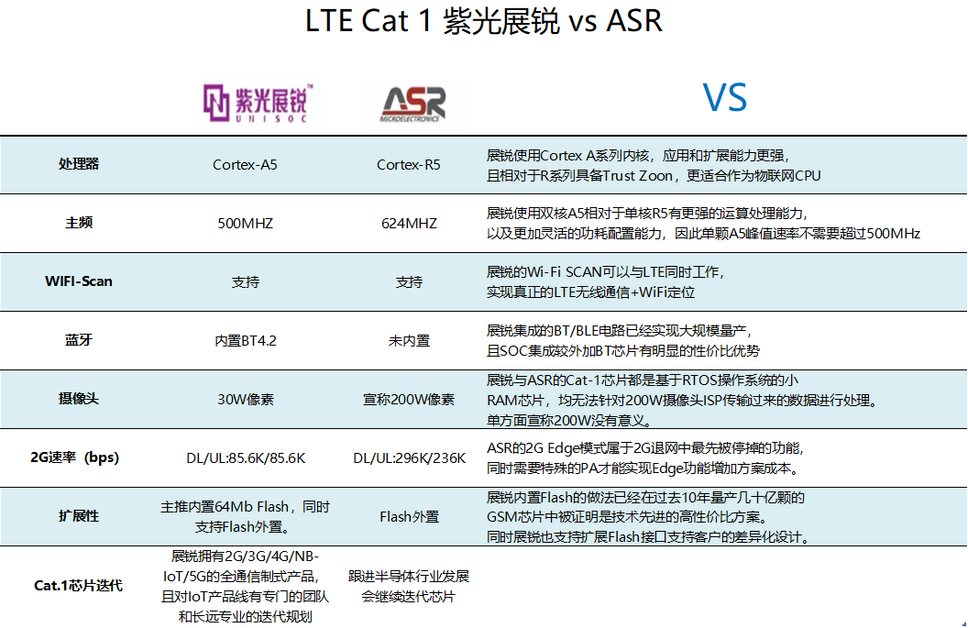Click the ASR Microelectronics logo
click(x=412, y=104)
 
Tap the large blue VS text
click(x=725, y=97)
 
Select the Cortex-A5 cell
click(x=245, y=165)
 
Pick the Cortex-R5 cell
click(x=409, y=165)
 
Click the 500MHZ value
click(x=245, y=224)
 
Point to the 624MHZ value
click(x=409, y=224)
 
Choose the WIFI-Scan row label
click(x=79, y=281)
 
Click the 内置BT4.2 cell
click(x=245, y=341)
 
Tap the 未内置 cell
click(x=409, y=341)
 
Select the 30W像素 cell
click(x=245, y=400)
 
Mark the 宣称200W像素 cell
click(x=409, y=400)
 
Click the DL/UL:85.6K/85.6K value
click(x=246, y=458)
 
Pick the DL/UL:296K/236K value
click(x=410, y=458)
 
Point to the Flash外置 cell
click(x=409, y=517)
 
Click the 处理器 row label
click(x=79, y=163)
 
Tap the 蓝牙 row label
click(x=79, y=339)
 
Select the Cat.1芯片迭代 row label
click(x=79, y=586)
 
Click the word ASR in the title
click(x=634, y=20)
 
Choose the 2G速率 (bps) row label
click(x=74, y=457)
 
